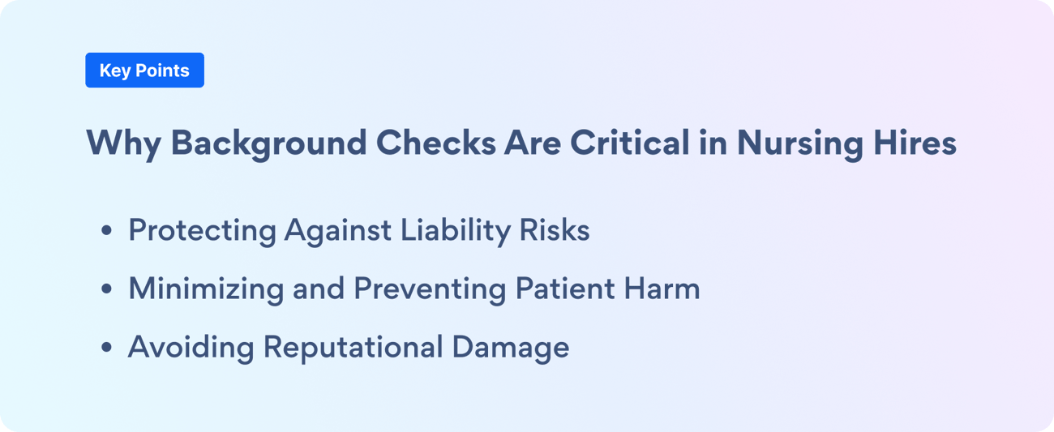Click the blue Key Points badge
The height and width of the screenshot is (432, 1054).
click(144, 71)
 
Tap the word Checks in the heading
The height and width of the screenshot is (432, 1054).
click(435, 142)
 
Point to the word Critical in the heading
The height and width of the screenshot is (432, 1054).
click(630, 142)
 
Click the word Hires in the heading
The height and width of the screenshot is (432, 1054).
click(915, 142)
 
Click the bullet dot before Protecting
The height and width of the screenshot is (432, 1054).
click(107, 230)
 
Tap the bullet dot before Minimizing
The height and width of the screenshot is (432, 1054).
click(107, 289)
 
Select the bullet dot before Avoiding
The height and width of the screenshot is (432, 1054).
click(107, 347)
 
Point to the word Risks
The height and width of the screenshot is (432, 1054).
click(555, 229)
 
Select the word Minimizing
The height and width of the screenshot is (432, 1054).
click(206, 289)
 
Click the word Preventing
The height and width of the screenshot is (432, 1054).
click(430, 289)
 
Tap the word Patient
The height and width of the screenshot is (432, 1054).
click(565, 288)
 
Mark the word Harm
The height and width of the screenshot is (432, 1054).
click(662, 288)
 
